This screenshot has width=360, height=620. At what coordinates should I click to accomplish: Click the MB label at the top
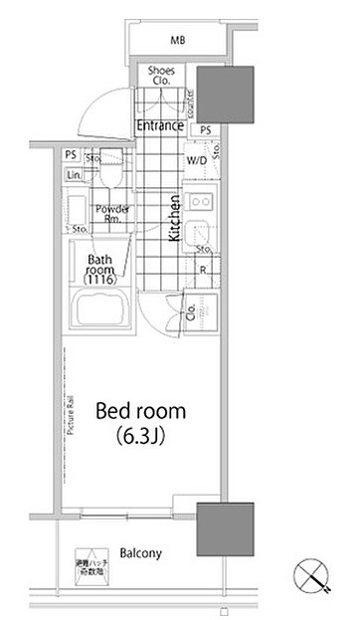point(178,40)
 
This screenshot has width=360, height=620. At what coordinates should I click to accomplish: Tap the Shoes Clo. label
point(161,77)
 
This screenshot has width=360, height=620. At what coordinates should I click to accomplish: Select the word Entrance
point(160,125)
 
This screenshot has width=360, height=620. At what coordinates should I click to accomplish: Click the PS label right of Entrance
point(206,130)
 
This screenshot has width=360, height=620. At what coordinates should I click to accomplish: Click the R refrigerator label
point(202,270)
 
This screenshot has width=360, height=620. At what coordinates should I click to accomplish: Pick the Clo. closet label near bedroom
point(191,316)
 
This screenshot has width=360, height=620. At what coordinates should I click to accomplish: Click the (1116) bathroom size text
point(100,282)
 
